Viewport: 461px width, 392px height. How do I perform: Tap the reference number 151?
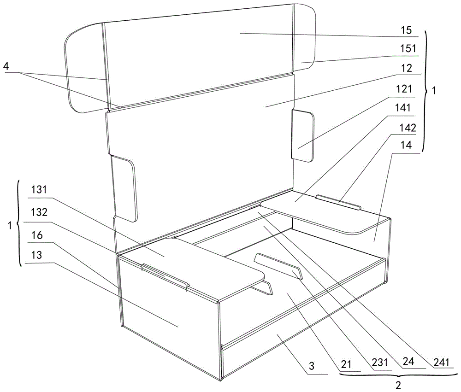pos(408,48)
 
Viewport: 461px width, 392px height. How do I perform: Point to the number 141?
pos(402,108)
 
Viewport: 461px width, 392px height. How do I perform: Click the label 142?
pos(408,128)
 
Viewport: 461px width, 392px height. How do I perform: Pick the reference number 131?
pos(39,190)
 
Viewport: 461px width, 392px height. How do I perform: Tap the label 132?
pos(39,212)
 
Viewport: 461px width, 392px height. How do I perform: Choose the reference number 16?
pos(37,235)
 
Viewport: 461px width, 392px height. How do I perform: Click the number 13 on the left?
pos(37,255)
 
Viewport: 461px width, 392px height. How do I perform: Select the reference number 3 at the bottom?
pos(312,366)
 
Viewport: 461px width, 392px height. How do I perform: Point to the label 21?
pos(346,364)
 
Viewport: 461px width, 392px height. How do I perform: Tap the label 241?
pos(442,363)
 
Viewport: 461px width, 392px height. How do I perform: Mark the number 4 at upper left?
pos(6,66)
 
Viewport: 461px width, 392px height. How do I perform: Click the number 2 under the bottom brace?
pos(398,385)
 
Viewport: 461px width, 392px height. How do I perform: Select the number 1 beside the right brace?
pos(434,90)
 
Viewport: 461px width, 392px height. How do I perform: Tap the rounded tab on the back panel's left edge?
pos(124,188)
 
